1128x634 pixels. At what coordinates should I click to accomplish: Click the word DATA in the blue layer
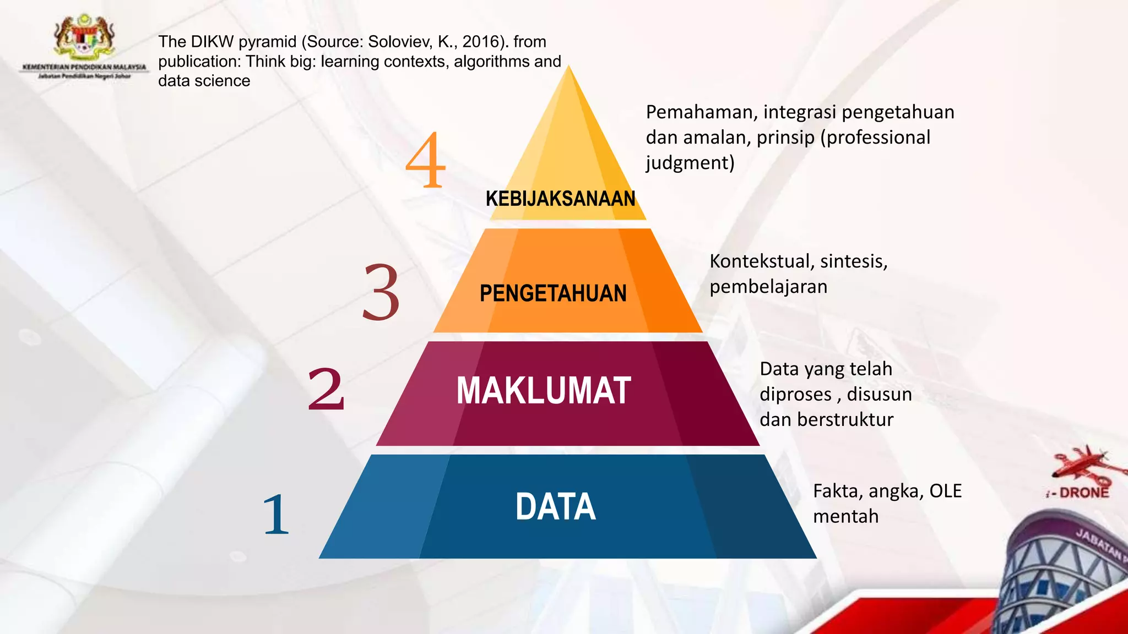(x=555, y=507)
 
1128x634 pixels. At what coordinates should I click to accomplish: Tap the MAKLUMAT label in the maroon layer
(x=544, y=391)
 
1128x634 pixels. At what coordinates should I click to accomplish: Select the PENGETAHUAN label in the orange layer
(x=553, y=293)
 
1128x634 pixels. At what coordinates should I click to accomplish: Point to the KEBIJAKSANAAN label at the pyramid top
(x=560, y=199)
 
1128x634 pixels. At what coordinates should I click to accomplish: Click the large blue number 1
(x=276, y=515)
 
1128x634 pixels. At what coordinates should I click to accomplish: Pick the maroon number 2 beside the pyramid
(x=326, y=389)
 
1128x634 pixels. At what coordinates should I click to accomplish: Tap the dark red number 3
(x=381, y=292)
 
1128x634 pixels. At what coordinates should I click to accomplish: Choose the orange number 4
(x=425, y=160)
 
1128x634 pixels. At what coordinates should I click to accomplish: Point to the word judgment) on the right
(x=690, y=163)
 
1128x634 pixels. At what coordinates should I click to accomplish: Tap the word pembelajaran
(x=768, y=287)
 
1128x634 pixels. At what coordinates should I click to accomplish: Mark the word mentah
(x=845, y=517)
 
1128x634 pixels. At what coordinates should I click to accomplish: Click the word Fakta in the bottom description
(x=837, y=491)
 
